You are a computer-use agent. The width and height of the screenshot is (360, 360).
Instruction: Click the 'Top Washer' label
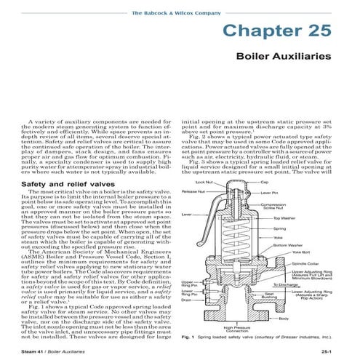[285, 218]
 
